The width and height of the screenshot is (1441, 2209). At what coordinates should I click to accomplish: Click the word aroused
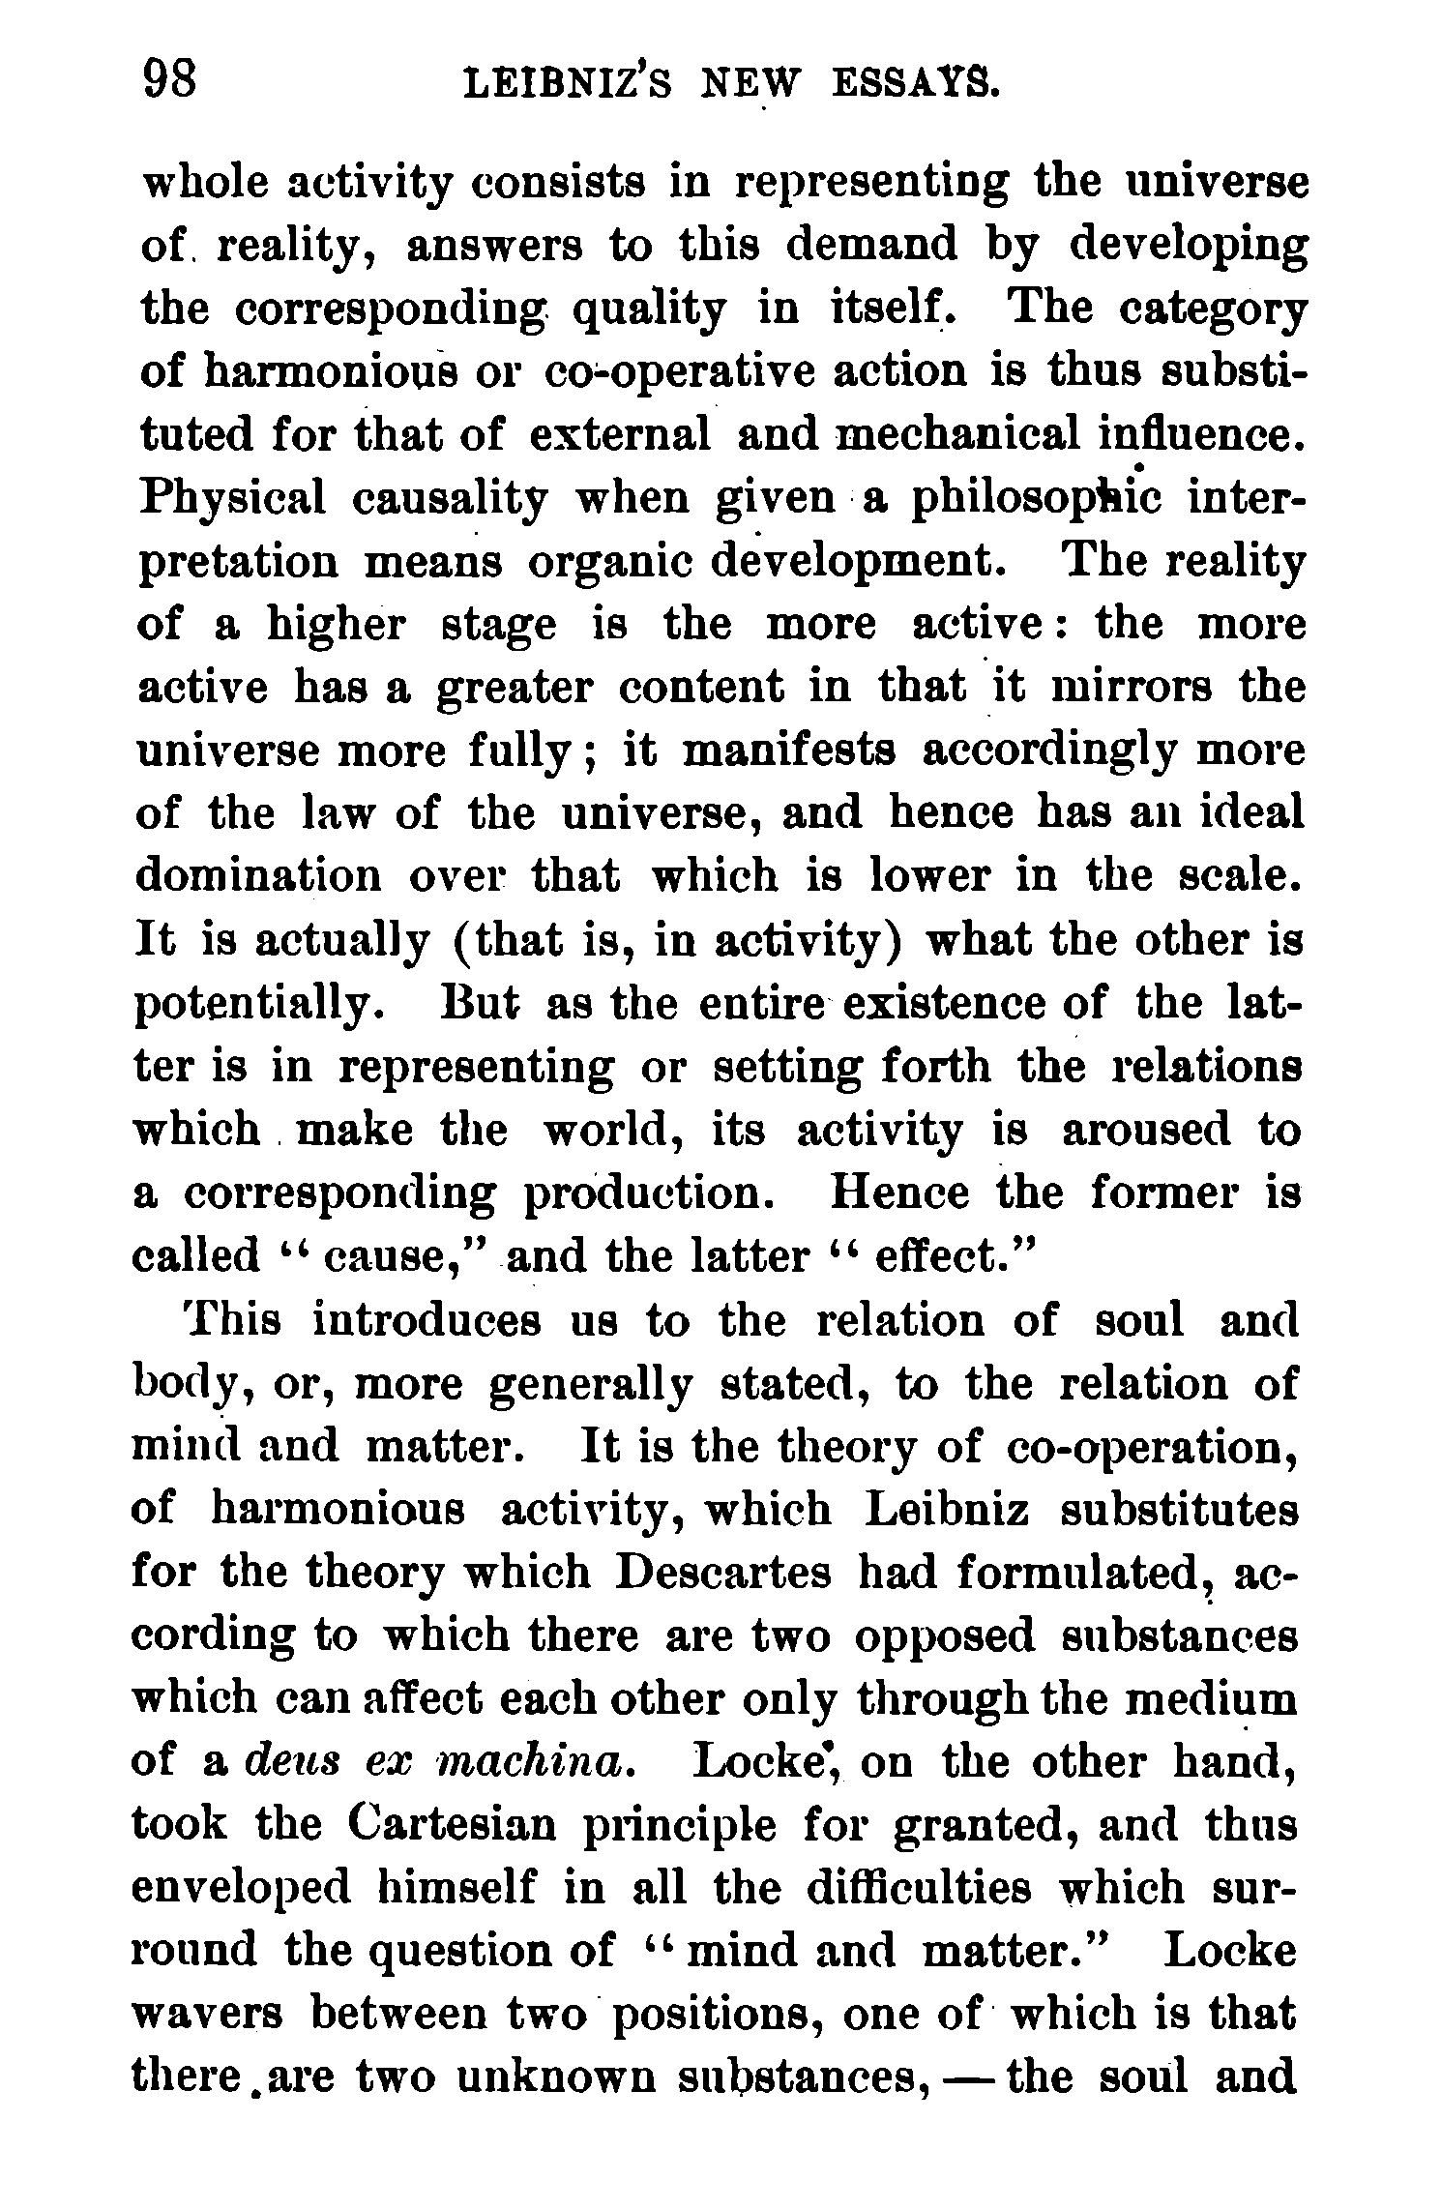click(x=1146, y=1129)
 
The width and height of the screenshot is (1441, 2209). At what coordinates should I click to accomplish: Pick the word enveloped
click(x=251, y=1889)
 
